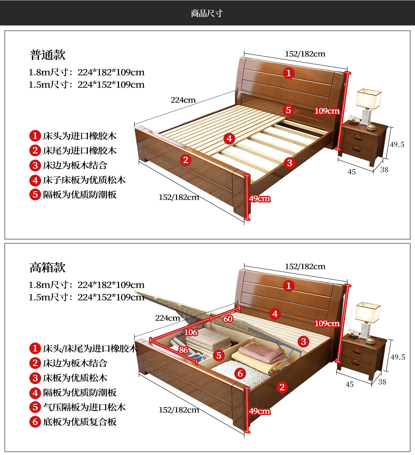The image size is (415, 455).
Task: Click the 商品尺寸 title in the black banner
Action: point(207,13)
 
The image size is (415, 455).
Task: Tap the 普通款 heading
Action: point(47,55)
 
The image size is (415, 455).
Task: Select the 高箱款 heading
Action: point(47,267)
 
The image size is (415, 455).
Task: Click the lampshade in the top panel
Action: point(368,99)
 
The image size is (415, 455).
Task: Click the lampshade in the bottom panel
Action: point(368,312)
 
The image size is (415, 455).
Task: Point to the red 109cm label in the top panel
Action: point(327,111)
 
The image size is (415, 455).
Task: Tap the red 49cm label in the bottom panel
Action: point(259,411)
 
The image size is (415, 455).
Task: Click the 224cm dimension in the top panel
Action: point(183,100)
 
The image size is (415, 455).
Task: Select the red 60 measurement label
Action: point(228,319)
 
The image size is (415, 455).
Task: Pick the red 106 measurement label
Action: point(191,332)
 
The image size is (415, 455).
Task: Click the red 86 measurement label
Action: point(183,350)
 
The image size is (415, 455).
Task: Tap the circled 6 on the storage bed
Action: point(240,374)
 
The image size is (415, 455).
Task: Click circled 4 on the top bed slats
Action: point(229,138)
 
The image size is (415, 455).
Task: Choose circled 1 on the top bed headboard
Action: point(288,73)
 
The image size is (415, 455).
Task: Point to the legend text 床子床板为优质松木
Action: point(84,180)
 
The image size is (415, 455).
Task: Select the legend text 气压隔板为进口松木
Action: point(84,407)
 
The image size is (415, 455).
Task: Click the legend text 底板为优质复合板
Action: point(80,421)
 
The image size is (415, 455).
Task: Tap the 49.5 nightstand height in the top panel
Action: point(397,145)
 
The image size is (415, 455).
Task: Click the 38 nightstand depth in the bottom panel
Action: point(382,382)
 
